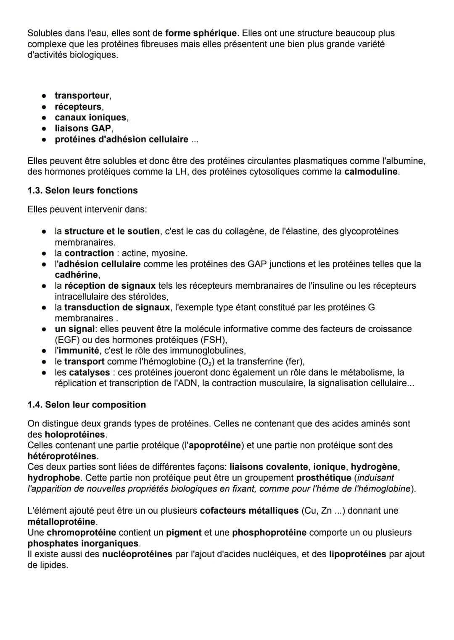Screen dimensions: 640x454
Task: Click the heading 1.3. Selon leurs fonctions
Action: pos(82,191)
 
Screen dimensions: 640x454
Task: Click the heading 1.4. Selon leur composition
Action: pos(87,405)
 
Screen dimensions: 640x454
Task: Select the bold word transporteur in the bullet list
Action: pos(82,96)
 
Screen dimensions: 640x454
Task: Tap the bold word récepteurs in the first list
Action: pos(78,107)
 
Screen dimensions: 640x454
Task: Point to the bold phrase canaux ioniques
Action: pos(90,118)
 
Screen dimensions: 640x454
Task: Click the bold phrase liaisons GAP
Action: pos(83,128)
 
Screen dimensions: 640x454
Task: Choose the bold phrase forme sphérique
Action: pos(201,33)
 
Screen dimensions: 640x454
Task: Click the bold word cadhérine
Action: pos(77,275)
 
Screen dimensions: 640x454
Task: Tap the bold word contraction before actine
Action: pos(89,253)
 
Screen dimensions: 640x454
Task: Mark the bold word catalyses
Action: pos(89,372)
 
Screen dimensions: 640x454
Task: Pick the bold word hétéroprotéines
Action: pos(62,456)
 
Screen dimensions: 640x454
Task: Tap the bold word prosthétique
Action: pos(324,478)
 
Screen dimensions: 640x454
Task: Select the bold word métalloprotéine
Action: pos(61,522)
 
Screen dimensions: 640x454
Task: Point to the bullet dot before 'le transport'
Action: pos(43,362)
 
